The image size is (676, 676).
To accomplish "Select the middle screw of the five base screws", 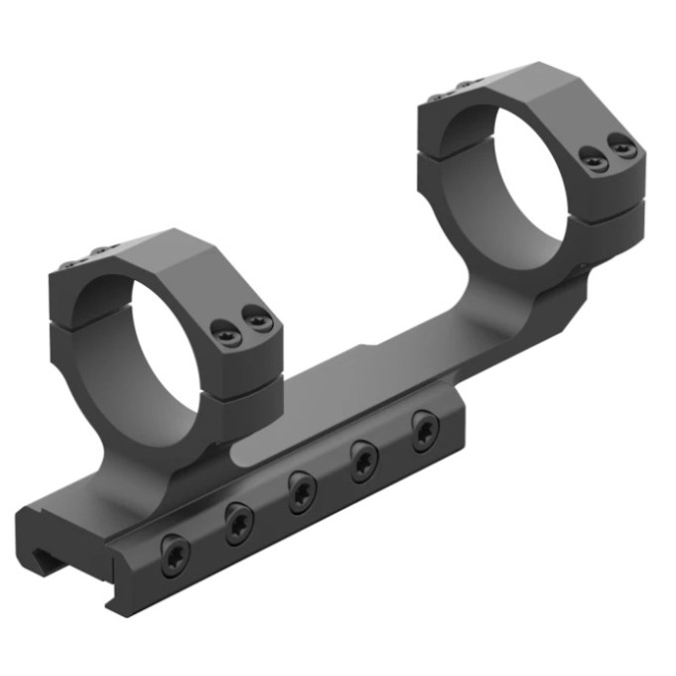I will [302, 490].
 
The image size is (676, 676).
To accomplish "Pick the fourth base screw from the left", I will [366, 460].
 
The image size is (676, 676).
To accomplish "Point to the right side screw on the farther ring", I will [624, 147].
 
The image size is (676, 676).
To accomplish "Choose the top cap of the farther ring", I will [518, 85].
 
